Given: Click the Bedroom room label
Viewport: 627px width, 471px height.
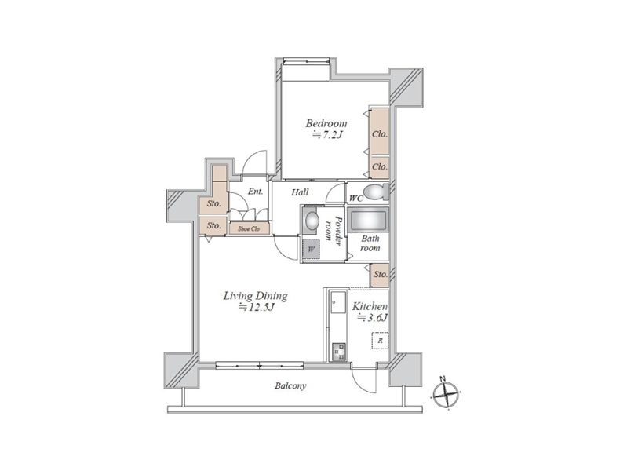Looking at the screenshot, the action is [326, 123].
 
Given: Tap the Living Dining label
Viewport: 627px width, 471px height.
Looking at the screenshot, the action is [255, 296].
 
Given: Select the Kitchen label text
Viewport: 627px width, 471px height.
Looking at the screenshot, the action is [370, 306].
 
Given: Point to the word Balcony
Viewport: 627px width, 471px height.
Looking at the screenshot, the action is [290, 386].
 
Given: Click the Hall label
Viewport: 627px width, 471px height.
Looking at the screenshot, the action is [300, 192].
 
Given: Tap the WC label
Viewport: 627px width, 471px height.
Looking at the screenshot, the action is [356, 198].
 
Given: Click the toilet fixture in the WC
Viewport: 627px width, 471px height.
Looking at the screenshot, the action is [377, 192].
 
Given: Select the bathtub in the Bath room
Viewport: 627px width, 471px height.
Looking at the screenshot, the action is [368, 220].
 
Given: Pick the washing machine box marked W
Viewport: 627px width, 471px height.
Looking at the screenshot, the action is [312, 249].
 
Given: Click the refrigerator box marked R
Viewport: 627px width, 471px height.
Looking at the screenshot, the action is [381, 341].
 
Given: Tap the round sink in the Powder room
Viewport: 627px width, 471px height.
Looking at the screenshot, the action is [311, 220].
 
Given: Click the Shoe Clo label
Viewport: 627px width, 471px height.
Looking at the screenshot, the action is [249, 229].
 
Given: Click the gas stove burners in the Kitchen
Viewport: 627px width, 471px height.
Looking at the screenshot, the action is [339, 352].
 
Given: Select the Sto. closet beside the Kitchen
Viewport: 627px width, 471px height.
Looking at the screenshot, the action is [380, 275].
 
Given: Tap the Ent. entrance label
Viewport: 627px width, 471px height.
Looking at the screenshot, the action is [255, 192].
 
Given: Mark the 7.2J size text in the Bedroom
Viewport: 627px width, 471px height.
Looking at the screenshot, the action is [327, 135].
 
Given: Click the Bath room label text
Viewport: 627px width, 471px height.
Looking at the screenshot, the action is [370, 243].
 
